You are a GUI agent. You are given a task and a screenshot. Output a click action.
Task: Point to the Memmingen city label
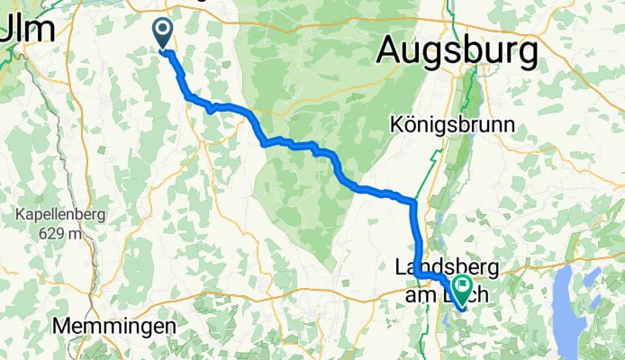point(114,325)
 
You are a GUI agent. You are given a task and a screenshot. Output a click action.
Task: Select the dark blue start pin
point(164,34)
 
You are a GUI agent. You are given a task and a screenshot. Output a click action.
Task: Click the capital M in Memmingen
point(63,325)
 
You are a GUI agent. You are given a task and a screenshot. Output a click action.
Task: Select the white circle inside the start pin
point(164,30)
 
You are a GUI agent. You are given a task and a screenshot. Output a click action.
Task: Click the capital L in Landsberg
point(402,266)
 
